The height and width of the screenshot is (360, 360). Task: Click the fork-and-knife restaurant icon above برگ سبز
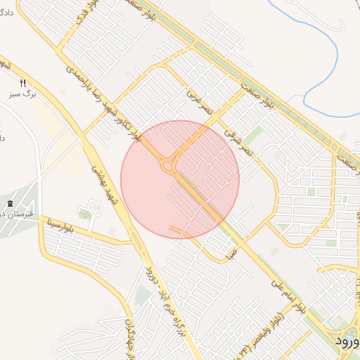[24, 83]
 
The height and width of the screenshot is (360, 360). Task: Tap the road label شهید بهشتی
[104, 184]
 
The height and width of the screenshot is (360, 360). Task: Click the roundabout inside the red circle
[168, 166]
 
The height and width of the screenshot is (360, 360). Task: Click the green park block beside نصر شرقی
[254, 134]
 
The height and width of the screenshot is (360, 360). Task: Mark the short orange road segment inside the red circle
[179, 231]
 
